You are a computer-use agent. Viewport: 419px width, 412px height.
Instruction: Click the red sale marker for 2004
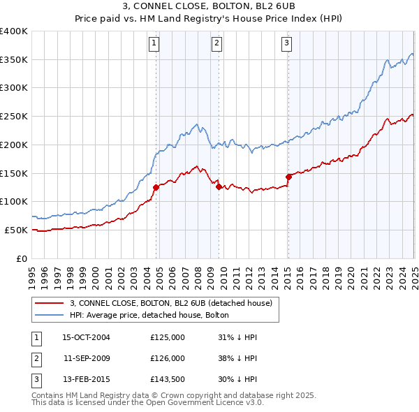tap(156, 186)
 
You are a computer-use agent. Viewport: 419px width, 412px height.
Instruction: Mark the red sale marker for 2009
tap(219, 186)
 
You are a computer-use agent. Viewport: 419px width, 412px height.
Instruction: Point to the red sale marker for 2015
tap(288, 177)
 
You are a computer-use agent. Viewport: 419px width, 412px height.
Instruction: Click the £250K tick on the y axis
tap(14, 116)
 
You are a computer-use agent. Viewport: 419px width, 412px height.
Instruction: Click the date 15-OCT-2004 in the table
tap(87, 337)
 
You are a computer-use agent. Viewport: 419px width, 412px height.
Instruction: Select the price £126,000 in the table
tap(168, 358)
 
